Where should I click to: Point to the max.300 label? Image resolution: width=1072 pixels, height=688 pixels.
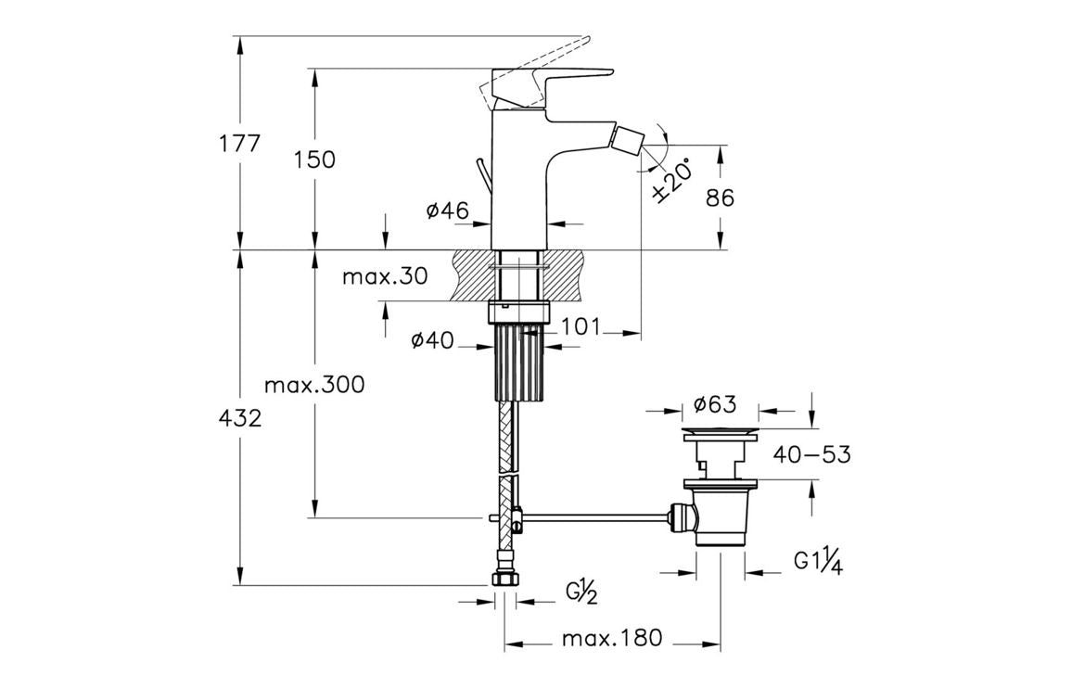(314, 384)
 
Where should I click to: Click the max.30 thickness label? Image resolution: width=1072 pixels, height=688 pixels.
(385, 276)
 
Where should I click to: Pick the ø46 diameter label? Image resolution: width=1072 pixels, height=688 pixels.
(447, 211)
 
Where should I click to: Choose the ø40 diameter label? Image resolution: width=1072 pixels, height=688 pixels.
(432, 340)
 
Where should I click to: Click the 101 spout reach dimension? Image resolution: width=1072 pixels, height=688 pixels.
(581, 326)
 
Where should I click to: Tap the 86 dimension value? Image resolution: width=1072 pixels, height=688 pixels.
(720, 197)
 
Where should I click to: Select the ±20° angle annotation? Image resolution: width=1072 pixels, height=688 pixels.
(674, 180)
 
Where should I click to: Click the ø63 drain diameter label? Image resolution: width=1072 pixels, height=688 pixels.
(715, 404)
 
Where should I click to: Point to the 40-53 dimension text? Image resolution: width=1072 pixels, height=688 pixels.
(812, 454)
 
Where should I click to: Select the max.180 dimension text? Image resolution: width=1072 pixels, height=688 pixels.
(612, 639)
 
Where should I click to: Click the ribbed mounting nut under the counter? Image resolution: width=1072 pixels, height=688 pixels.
(518, 362)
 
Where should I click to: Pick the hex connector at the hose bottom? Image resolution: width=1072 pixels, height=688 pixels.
(505, 577)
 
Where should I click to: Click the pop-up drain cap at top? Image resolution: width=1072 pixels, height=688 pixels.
(721, 434)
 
